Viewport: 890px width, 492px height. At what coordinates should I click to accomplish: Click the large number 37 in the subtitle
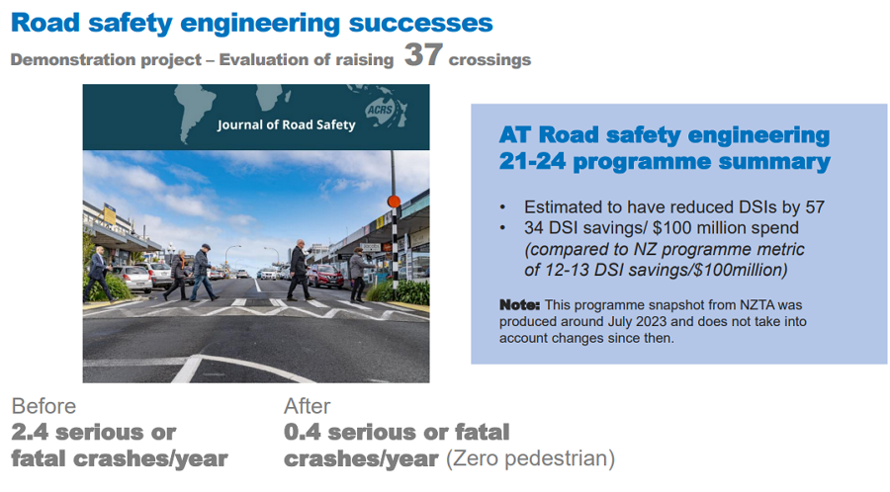(x=423, y=55)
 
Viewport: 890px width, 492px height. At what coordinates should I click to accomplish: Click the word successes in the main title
(x=420, y=24)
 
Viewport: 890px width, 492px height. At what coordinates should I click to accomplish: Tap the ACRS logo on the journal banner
(x=380, y=110)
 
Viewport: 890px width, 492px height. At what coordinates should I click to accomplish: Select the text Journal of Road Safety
(x=286, y=124)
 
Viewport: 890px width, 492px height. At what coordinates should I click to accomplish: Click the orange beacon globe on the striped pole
(x=394, y=202)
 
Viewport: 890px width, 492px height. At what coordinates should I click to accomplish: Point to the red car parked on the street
(x=325, y=276)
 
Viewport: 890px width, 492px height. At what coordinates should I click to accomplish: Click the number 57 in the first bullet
(x=814, y=206)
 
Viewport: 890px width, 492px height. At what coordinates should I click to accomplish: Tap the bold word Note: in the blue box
(x=519, y=305)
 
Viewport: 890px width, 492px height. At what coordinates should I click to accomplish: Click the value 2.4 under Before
(x=30, y=433)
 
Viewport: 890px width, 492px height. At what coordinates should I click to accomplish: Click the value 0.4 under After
(x=304, y=433)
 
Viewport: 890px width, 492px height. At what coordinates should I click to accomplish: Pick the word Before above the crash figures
(x=44, y=406)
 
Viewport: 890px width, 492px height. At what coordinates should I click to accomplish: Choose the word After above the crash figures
(x=308, y=406)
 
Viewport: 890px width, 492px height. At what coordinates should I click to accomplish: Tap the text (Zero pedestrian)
(x=530, y=458)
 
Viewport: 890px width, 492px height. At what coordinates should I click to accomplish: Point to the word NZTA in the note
(x=757, y=305)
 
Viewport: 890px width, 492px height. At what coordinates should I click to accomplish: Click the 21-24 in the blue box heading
(x=532, y=162)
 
